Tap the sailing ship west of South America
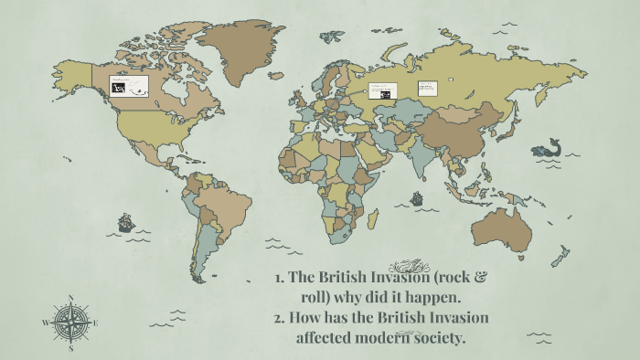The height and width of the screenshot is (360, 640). [x=126, y=222]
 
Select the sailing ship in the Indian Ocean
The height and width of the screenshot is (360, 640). [x=416, y=197]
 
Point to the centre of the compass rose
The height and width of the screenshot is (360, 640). [x=70, y=321]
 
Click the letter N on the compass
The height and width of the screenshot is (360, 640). [x=70, y=298]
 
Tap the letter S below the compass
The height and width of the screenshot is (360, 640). [x=70, y=347]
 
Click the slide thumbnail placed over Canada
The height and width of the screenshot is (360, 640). [x=129, y=86]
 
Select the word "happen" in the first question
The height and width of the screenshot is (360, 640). [x=435, y=298]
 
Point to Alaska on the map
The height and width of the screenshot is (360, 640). [x=73, y=73]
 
